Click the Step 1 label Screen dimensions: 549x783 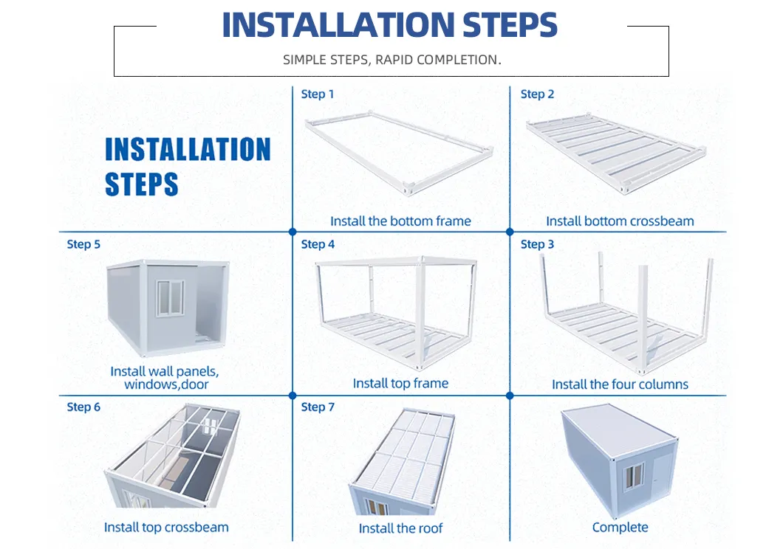click(318, 94)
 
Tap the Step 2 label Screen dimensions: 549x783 click(537, 94)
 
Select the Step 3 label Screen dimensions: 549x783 click(537, 244)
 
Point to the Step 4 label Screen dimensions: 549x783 click(318, 244)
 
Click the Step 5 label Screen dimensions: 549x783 click(83, 244)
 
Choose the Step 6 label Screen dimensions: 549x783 click(83, 407)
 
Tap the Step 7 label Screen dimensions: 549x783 click(318, 407)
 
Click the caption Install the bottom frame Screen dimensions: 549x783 click(400, 221)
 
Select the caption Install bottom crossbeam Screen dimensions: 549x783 click(620, 221)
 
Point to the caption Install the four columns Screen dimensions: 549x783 click(620, 384)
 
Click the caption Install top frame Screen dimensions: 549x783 click(400, 383)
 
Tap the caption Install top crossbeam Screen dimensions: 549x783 click(166, 527)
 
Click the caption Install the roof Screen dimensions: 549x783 click(400, 528)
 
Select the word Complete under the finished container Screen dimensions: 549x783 click(620, 527)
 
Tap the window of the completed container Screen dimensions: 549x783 click(635, 476)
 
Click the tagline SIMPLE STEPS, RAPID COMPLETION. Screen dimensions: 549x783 click(391, 60)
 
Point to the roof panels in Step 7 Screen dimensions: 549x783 click(403, 450)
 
